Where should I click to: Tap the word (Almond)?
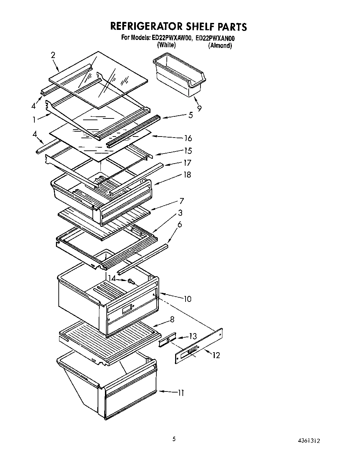click(x=220, y=46)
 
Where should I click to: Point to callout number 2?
click(x=53, y=55)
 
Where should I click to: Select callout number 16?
click(x=188, y=138)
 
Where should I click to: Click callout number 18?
click(x=187, y=175)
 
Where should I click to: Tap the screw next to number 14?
click(x=131, y=281)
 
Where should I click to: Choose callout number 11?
click(x=181, y=393)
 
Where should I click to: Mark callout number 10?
click(x=187, y=299)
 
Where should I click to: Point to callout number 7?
click(x=182, y=201)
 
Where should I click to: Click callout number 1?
click(x=34, y=119)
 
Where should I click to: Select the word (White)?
click(x=166, y=45)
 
